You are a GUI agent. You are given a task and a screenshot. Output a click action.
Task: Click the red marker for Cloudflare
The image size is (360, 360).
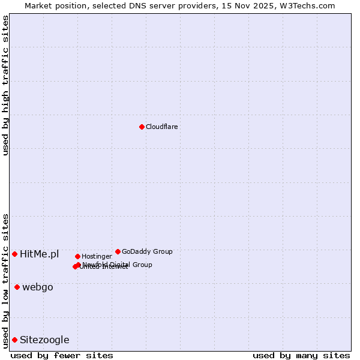click(x=142, y=127)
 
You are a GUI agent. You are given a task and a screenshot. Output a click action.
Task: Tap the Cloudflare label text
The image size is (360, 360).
click(x=161, y=127)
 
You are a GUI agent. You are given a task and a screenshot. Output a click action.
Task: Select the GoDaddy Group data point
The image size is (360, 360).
click(x=118, y=251)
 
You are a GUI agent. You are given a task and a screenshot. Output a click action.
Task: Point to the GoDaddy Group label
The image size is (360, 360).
click(x=147, y=251)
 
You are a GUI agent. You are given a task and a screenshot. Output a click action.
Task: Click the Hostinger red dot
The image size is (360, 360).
click(x=77, y=256)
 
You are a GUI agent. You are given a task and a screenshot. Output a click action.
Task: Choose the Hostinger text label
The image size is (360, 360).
click(x=97, y=256)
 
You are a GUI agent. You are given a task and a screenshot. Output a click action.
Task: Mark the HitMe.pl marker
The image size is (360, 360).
click(x=14, y=254)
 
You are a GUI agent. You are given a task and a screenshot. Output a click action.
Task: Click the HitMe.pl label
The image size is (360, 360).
click(x=39, y=254)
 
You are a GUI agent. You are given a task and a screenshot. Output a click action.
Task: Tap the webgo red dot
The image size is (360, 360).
click(x=17, y=287)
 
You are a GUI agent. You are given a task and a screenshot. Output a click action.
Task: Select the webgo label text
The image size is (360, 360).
click(x=38, y=287)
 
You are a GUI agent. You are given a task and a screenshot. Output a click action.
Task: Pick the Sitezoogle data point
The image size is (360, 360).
click(x=14, y=340)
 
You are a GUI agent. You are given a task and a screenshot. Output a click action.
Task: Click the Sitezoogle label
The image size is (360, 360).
click(x=44, y=340)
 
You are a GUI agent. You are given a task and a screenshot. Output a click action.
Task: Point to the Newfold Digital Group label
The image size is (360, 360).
click(x=118, y=264)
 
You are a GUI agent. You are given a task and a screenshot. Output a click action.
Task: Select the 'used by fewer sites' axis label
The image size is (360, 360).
click(x=62, y=355)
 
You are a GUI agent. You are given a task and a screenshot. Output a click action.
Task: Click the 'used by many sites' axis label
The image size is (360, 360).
click(x=301, y=355)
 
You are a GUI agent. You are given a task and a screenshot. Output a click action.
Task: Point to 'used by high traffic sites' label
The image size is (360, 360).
click(x=5, y=85)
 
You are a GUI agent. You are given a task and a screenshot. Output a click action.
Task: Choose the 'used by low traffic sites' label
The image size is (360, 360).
click(x=5, y=280)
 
